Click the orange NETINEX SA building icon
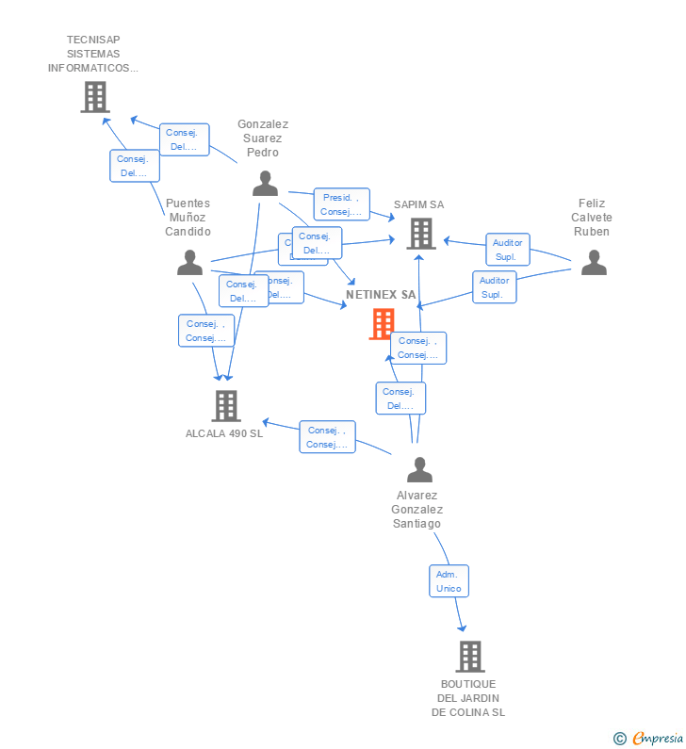pos(382,324)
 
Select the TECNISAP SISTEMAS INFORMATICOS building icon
pos(94,97)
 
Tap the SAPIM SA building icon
pos(420,233)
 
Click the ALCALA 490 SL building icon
pos(225,405)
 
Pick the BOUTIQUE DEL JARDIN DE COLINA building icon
pos(469,656)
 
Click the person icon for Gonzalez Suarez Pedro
pos(265,184)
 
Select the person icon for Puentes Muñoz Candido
pos(189,263)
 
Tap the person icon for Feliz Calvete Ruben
pos(594,263)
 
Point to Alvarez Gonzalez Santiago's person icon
pos(419,469)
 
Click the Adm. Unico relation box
pos(449,581)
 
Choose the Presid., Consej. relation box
pos(341,204)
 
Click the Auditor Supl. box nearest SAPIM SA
pos(507,250)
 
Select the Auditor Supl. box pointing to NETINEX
pos(494,287)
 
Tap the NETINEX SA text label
pos(381,295)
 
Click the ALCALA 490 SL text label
pos(224,434)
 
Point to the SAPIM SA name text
pos(418,204)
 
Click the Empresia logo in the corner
pos(657,739)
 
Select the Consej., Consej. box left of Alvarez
pos(327,437)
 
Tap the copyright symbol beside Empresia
pos(620,739)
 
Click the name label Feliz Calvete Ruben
pos(592,218)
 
